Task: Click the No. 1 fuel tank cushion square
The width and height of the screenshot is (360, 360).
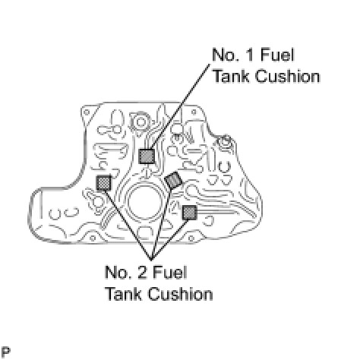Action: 147,156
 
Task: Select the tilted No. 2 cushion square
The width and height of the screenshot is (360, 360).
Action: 173,180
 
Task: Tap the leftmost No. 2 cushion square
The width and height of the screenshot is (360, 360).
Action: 104,182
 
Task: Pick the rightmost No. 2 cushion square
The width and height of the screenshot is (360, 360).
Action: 190,213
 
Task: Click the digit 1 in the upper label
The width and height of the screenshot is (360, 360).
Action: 251,55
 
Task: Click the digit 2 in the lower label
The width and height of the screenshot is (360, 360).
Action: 144,273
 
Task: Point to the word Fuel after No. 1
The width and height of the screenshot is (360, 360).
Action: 277,55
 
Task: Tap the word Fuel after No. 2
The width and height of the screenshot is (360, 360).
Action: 170,273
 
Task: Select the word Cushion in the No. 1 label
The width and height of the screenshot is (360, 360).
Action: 287,76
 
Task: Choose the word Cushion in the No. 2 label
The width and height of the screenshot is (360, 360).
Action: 180,294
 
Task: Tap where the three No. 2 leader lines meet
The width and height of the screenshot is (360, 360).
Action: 151,260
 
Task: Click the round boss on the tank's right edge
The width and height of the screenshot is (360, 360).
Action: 224,141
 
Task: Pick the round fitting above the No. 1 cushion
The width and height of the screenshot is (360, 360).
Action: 140,122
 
